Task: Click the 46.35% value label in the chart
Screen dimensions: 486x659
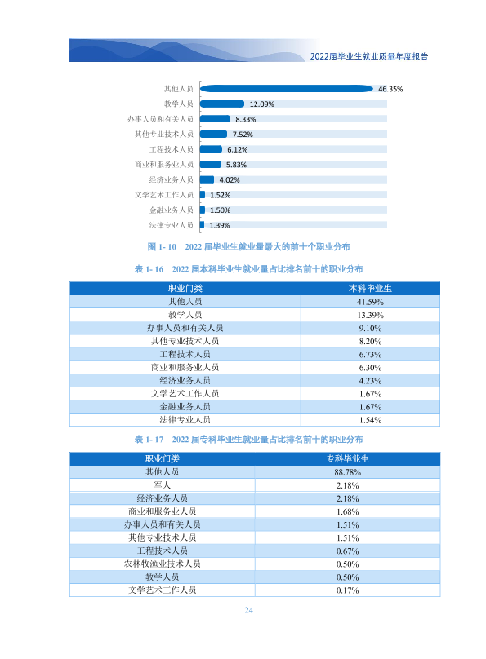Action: pos(390,89)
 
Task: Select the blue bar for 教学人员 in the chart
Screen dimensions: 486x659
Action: pos(221,104)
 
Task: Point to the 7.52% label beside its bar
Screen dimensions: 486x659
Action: pos(243,135)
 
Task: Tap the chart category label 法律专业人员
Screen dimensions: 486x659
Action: pos(172,225)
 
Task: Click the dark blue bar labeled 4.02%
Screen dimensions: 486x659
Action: pos(207,180)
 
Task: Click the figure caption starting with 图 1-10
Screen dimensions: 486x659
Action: pos(248,246)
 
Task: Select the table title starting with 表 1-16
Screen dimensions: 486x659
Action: pos(248,269)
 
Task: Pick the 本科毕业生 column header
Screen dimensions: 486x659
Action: pos(370,289)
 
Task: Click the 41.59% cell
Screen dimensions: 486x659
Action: pos(370,302)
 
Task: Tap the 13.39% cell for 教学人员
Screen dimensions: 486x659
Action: pos(370,315)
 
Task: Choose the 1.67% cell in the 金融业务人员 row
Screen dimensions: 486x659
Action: pos(370,407)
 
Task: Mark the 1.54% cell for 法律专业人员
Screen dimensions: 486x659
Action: pos(370,420)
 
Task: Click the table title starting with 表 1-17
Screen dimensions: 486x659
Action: pos(248,439)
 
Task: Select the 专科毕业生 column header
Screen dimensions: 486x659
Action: pos(348,458)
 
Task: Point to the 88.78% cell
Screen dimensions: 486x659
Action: pos(348,472)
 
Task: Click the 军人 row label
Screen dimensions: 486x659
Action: pos(162,485)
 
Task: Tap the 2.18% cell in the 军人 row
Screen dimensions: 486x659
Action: pos(348,485)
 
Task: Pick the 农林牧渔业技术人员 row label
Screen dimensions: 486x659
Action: pos(162,564)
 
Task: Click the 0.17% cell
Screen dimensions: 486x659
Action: pos(348,590)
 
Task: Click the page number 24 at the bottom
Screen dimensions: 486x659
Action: pos(248,610)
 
